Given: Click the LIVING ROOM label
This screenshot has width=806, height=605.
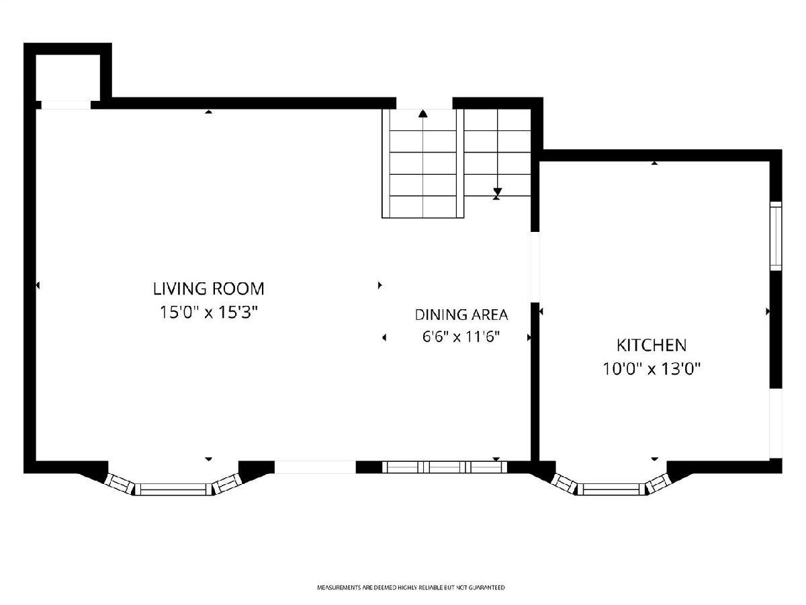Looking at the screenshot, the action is click(209, 289).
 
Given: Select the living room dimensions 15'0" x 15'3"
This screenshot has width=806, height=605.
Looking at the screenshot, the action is click(209, 313).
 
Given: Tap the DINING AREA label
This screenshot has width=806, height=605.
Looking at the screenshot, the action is click(461, 315).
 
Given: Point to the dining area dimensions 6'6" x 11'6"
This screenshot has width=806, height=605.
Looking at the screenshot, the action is click(461, 337).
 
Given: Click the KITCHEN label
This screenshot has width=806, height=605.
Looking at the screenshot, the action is click(652, 346).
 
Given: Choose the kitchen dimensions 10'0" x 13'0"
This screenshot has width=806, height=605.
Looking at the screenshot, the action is click(652, 369).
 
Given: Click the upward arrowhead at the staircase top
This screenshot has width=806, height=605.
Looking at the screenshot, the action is click(423, 114).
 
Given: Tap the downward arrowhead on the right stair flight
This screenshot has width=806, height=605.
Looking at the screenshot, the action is click(497, 192).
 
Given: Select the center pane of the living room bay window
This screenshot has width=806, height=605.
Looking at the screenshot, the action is click(173, 489).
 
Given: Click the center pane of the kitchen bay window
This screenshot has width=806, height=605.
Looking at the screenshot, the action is click(611, 489).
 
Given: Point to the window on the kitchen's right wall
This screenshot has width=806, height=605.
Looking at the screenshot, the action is click(776, 236).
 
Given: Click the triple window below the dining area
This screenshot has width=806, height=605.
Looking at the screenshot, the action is click(445, 467).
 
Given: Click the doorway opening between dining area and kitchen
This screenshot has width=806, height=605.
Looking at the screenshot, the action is click(535, 267).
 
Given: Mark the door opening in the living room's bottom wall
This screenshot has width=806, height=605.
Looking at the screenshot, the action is click(315, 467).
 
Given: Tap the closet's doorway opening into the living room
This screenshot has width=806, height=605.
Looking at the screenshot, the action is click(66, 105).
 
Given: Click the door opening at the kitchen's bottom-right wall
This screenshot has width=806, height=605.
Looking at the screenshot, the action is click(776, 424).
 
